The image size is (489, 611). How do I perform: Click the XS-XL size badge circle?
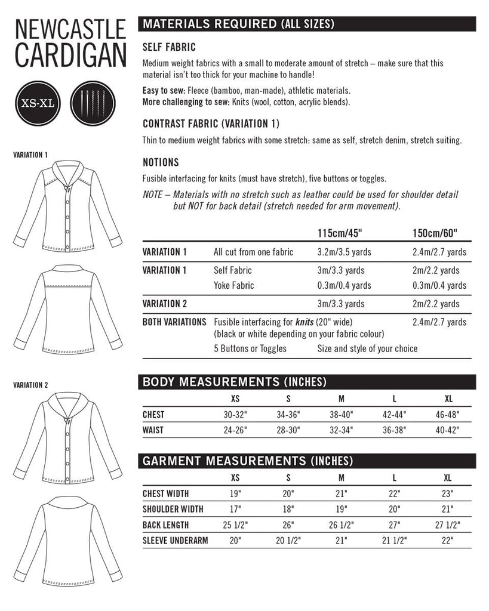pyautogui.click(x=38, y=103)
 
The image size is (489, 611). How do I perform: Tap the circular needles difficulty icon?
pyautogui.click(x=91, y=103)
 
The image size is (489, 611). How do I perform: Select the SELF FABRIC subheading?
pyautogui.click(x=169, y=47)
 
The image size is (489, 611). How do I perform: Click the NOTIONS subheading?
pyautogui.click(x=161, y=162)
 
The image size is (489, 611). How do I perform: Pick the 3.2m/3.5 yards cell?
pyautogui.click(x=344, y=252)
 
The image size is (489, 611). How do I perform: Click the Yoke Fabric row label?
pyautogui.click(x=233, y=285)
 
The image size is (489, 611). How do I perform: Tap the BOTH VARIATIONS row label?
pyautogui.click(x=174, y=322)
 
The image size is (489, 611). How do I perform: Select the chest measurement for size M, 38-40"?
pyautogui.click(x=341, y=415)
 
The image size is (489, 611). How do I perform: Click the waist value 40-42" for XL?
pyautogui.click(x=448, y=430)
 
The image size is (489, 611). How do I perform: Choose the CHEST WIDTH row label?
pyautogui.click(x=165, y=493)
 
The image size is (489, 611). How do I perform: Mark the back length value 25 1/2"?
pyautogui.click(x=235, y=525)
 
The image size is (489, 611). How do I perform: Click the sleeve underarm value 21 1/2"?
pyautogui.click(x=394, y=541)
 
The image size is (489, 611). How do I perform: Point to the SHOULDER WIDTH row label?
pyautogui.click(x=173, y=509)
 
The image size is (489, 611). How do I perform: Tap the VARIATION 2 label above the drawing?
pyautogui.click(x=30, y=385)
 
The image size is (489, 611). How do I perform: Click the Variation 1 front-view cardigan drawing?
pyautogui.click(x=67, y=206)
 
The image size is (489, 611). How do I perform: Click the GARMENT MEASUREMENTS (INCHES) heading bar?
pyautogui.click(x=306, y=461)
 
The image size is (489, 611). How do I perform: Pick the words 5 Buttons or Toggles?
pyautogui.click(x=250, y=348)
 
